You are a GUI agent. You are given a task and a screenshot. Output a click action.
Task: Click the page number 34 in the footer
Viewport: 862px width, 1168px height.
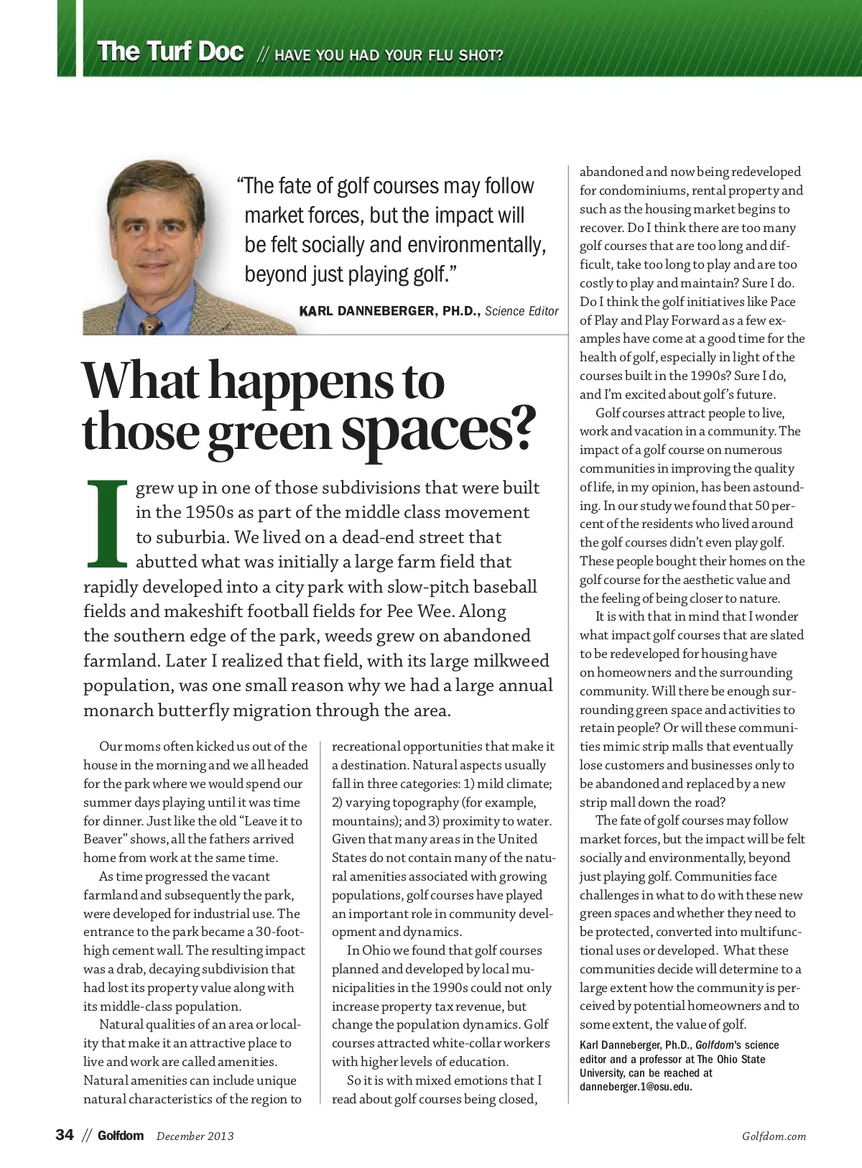[65, 1136]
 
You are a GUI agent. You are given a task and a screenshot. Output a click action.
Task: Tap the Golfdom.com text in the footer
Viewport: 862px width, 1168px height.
[774, 1136]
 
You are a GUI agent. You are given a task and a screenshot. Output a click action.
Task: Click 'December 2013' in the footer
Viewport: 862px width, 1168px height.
[195, 1136]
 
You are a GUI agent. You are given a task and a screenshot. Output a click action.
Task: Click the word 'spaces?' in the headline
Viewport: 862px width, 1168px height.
[438, 428]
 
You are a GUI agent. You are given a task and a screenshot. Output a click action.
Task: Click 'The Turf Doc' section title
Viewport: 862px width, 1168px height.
[170, 52]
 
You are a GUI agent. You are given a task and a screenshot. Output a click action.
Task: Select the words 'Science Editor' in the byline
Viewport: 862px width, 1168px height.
[522, 311]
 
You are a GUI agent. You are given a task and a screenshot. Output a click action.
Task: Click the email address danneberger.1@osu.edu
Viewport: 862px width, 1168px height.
[636, 1086]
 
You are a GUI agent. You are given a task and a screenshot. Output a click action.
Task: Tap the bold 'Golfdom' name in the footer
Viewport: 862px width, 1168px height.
[121, 1136]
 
